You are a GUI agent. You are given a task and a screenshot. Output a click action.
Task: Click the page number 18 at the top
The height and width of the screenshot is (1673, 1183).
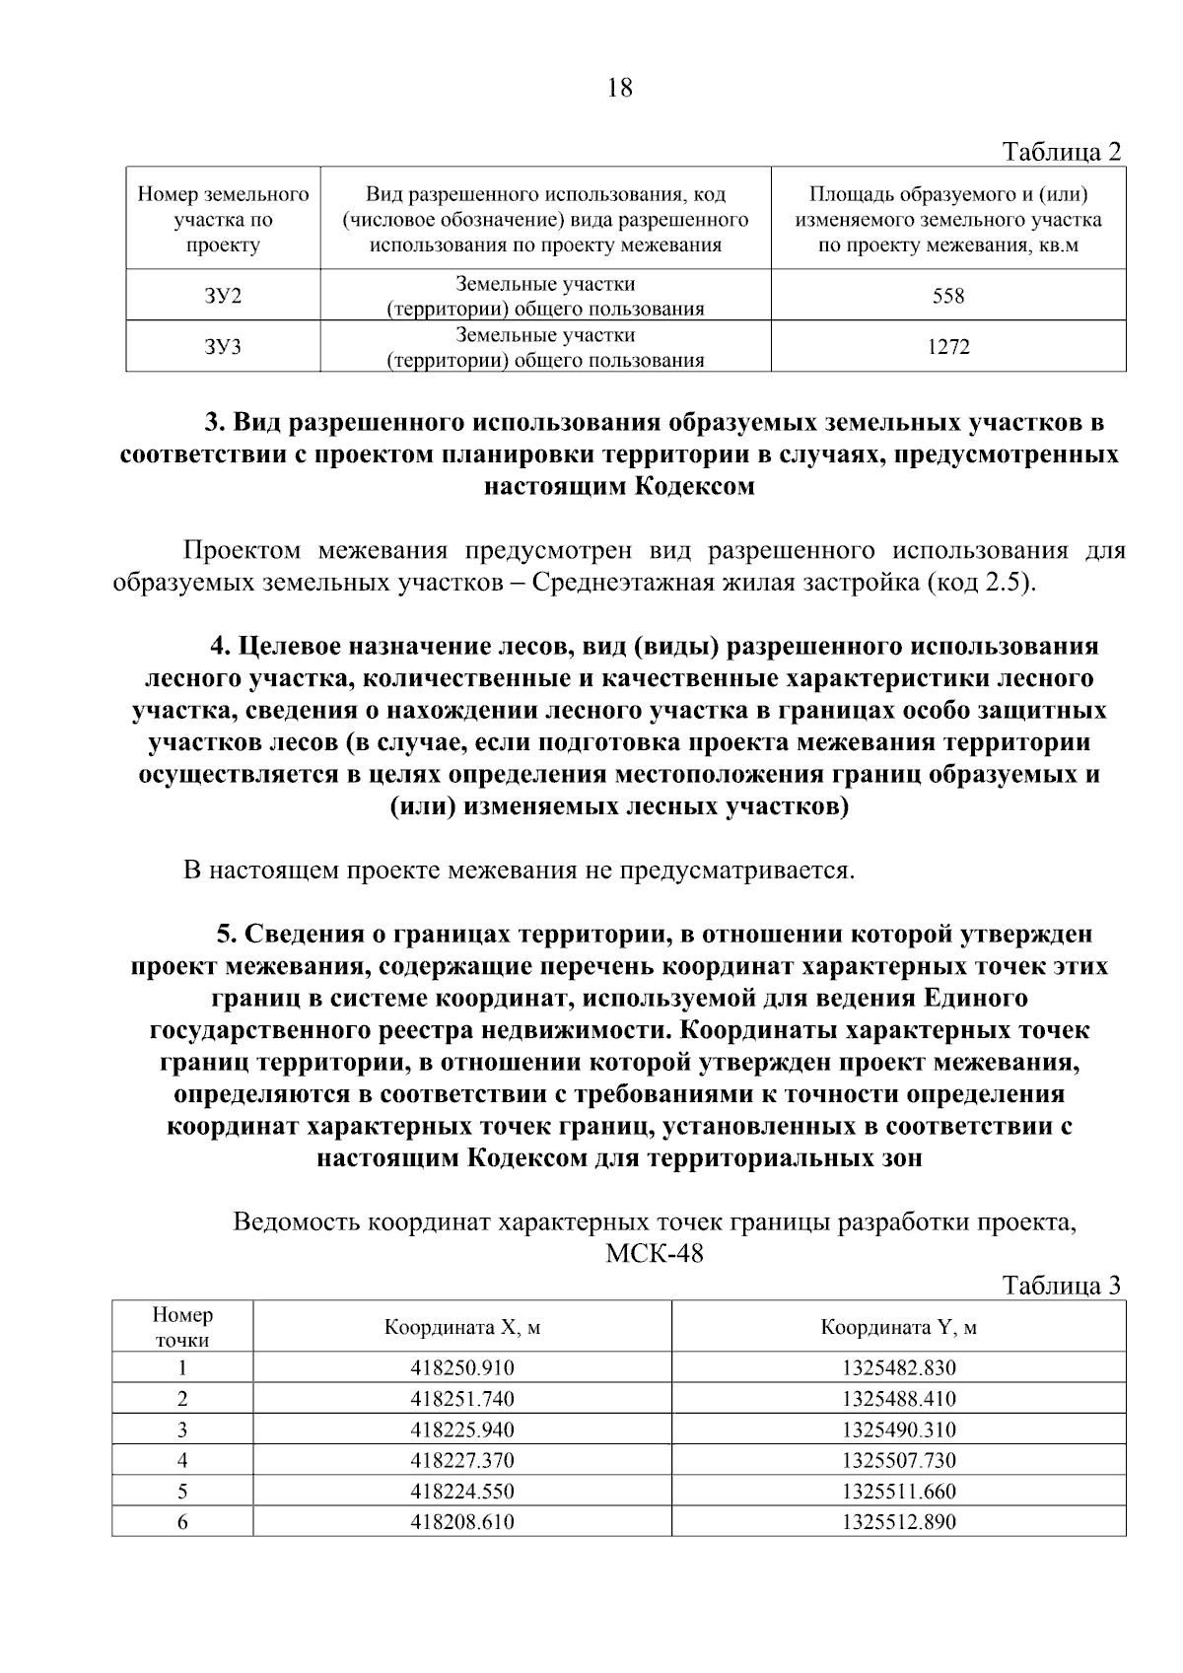620,89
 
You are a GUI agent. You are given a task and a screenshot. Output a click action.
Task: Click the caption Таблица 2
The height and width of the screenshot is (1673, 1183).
1061,152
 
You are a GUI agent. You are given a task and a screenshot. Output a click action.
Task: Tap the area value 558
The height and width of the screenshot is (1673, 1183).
948,296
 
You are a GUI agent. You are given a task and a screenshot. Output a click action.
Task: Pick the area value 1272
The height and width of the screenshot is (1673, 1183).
948,347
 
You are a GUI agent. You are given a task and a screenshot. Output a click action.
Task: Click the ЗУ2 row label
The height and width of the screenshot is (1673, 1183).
223,296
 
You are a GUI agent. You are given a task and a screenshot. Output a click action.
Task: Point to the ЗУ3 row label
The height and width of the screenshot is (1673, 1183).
223,347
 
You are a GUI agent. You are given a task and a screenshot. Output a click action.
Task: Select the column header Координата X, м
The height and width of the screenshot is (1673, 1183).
462,1327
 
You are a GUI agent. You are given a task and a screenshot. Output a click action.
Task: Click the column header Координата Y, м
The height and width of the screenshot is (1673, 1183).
898,1327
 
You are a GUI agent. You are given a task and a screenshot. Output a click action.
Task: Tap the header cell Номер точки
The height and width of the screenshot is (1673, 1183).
182,1327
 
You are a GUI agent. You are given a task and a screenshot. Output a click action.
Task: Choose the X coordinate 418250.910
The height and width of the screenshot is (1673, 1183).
462,1367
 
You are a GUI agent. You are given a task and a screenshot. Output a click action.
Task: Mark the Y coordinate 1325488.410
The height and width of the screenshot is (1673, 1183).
898,1398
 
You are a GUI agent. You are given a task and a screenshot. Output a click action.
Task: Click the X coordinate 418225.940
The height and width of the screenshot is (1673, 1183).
462,1429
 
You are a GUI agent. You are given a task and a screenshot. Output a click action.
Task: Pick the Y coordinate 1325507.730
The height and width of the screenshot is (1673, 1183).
898,1460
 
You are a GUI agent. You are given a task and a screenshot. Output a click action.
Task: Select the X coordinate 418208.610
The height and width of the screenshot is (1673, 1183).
462,1522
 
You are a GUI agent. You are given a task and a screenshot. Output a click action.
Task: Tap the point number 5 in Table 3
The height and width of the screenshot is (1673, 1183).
182,1492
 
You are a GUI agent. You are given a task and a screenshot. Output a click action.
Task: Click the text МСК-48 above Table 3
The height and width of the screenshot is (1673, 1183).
654,1255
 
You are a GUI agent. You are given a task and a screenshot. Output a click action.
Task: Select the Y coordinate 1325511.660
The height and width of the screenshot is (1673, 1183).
898,1492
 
